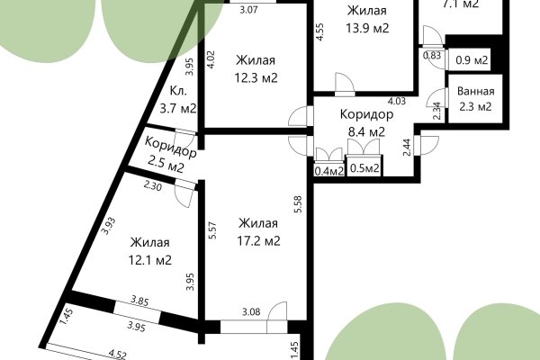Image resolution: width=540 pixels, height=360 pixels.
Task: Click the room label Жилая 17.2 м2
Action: point(259,232)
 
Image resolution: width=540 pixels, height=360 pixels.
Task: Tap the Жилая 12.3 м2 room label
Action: point(256,69)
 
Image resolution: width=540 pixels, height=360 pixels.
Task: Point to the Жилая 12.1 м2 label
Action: point(150,252)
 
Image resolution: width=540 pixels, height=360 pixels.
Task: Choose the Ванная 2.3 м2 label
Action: point(474,99)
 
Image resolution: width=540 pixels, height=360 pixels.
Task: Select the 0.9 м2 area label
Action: point(472,61)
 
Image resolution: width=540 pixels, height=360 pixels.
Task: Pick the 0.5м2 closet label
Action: point(364,168)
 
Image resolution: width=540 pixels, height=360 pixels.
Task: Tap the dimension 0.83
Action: point(433,55)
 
